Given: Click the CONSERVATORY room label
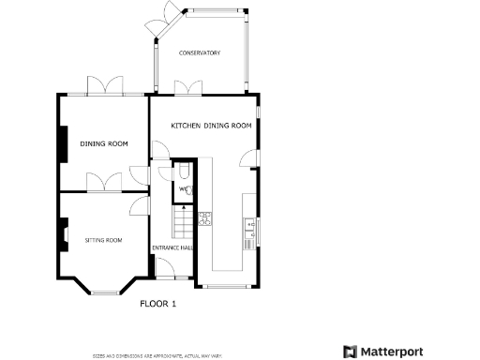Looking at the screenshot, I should coord(199,53).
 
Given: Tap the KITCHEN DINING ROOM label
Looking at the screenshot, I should coord(211,126).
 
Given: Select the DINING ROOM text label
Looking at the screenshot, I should coord(103,143).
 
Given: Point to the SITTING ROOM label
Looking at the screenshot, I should coord(103,240).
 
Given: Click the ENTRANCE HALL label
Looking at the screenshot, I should coord(172,247).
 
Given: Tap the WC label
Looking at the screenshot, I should coord(183,190).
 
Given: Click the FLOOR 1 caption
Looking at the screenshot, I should coord(157,304).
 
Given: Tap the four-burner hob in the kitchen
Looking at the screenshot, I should coord(204,221).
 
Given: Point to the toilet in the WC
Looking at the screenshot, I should coord(183,175).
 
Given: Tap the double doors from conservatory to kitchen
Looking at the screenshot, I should coord(187,87).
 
